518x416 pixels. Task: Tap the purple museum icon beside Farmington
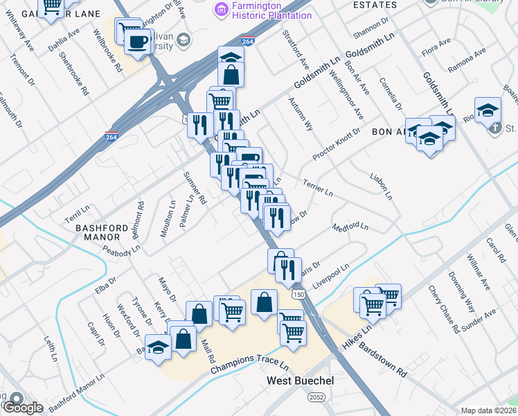(x=221, y=8)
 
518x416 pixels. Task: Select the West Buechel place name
(x=301, y=382)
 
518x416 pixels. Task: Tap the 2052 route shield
(x=316, y=397)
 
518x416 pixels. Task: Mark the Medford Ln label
(x=350, y=227)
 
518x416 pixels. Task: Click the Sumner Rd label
(x=195, y=188)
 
